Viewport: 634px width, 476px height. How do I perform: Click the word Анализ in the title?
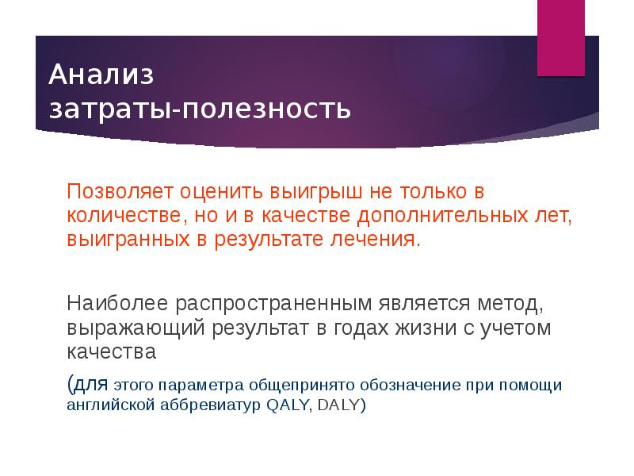coord(101,75)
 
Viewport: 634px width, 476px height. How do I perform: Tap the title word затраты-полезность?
coord(200,107)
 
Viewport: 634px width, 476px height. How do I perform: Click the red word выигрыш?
coord(307,192)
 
